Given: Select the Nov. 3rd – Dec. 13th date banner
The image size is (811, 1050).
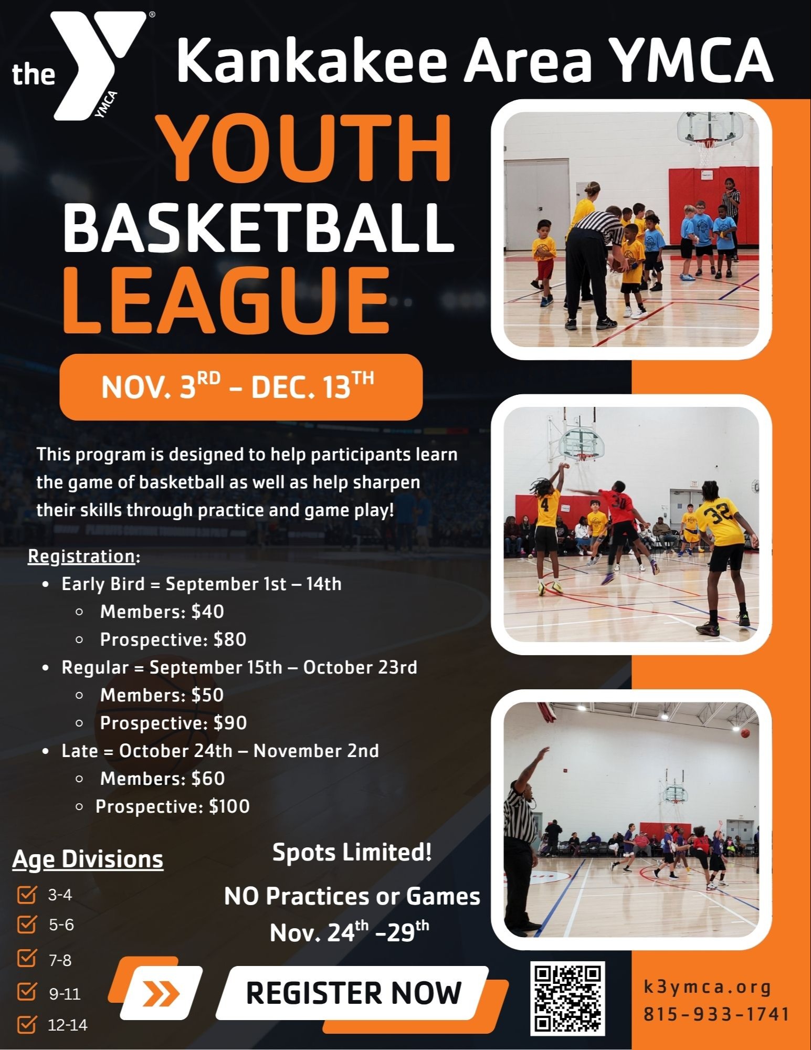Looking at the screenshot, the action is click(241, 387).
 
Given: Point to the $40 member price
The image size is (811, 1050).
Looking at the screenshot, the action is click(208, 612).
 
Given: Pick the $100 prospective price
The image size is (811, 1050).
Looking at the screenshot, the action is click(229, 806).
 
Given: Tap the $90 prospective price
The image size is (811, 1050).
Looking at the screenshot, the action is click(230, 723).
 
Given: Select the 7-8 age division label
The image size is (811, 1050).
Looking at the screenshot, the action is click(60, 960).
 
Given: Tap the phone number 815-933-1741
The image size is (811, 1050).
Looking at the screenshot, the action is click(717, 1014).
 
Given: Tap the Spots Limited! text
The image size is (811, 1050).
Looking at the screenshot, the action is click(352, 852).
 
